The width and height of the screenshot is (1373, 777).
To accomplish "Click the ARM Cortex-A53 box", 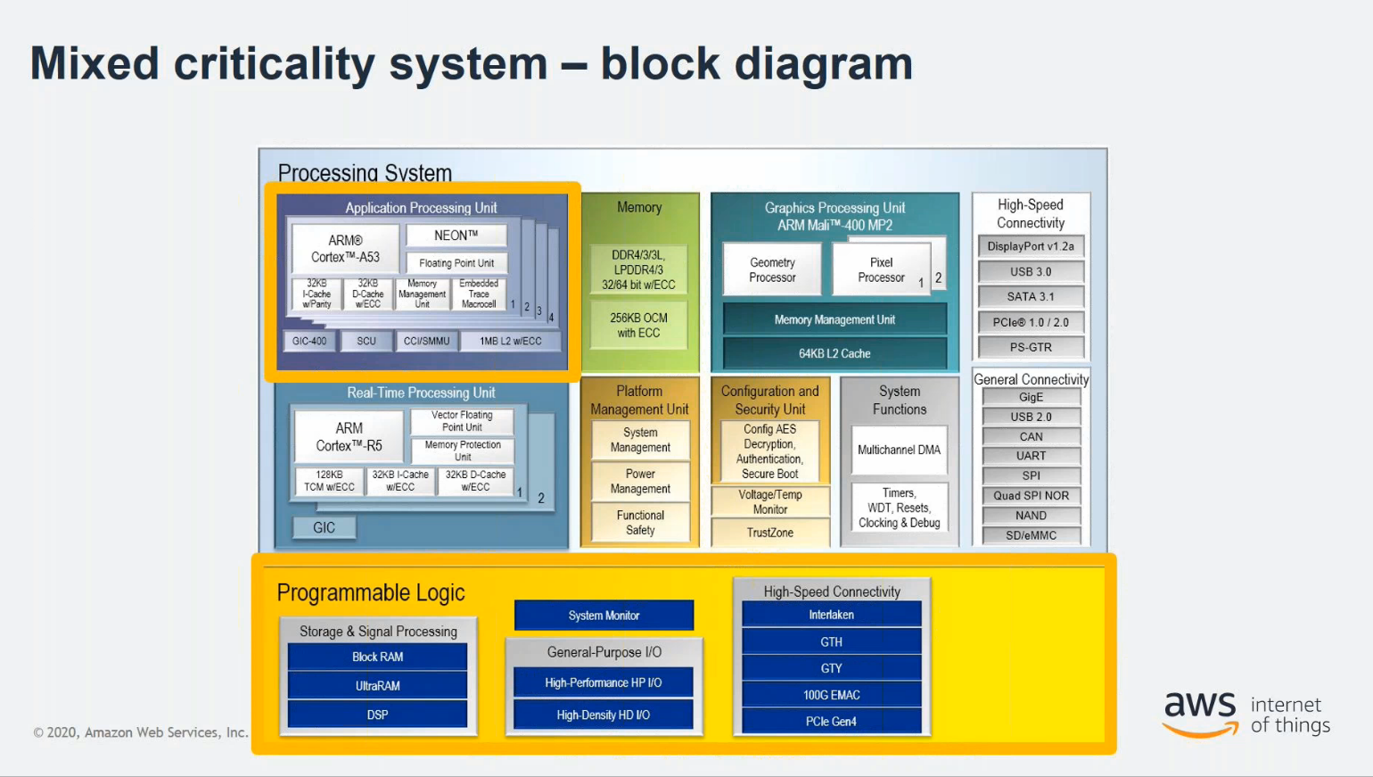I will (x=345, y=249).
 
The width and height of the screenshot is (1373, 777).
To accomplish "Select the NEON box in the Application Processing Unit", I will (x=456, y=236).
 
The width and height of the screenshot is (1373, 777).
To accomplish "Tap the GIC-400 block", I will (x=309, y=341).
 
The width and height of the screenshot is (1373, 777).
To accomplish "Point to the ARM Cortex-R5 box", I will (x=349, y=437).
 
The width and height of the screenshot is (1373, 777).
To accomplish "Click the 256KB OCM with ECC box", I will (x=638, y=326).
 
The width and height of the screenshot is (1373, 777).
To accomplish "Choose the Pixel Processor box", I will (x=881, y=269).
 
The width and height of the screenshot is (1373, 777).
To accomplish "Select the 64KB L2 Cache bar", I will (x=834, y=353).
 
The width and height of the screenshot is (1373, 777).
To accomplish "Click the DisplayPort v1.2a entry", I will (x=1031, y=246).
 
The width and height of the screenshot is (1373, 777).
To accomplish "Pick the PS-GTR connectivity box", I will (x=1031, y=347).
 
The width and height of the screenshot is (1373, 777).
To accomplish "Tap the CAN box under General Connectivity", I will (x=1031, y=436).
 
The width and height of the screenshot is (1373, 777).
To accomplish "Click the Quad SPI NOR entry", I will (x=1031, y=495).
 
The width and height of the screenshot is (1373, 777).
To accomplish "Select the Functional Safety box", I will (x=640, y=523).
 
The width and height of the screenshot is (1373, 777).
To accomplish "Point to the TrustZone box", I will (x=770, y=533).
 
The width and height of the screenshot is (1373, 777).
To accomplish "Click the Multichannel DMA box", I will (x=899, y=450).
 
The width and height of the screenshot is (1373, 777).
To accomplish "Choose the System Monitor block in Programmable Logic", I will (x=604, y=616).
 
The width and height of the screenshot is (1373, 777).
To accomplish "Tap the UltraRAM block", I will (x=377, y=686).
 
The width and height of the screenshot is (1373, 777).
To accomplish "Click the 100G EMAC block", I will (x=831, y=695).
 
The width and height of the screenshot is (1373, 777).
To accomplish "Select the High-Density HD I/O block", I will (x=603, y=715).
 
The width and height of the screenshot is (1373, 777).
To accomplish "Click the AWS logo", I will (x=1200, y=712).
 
